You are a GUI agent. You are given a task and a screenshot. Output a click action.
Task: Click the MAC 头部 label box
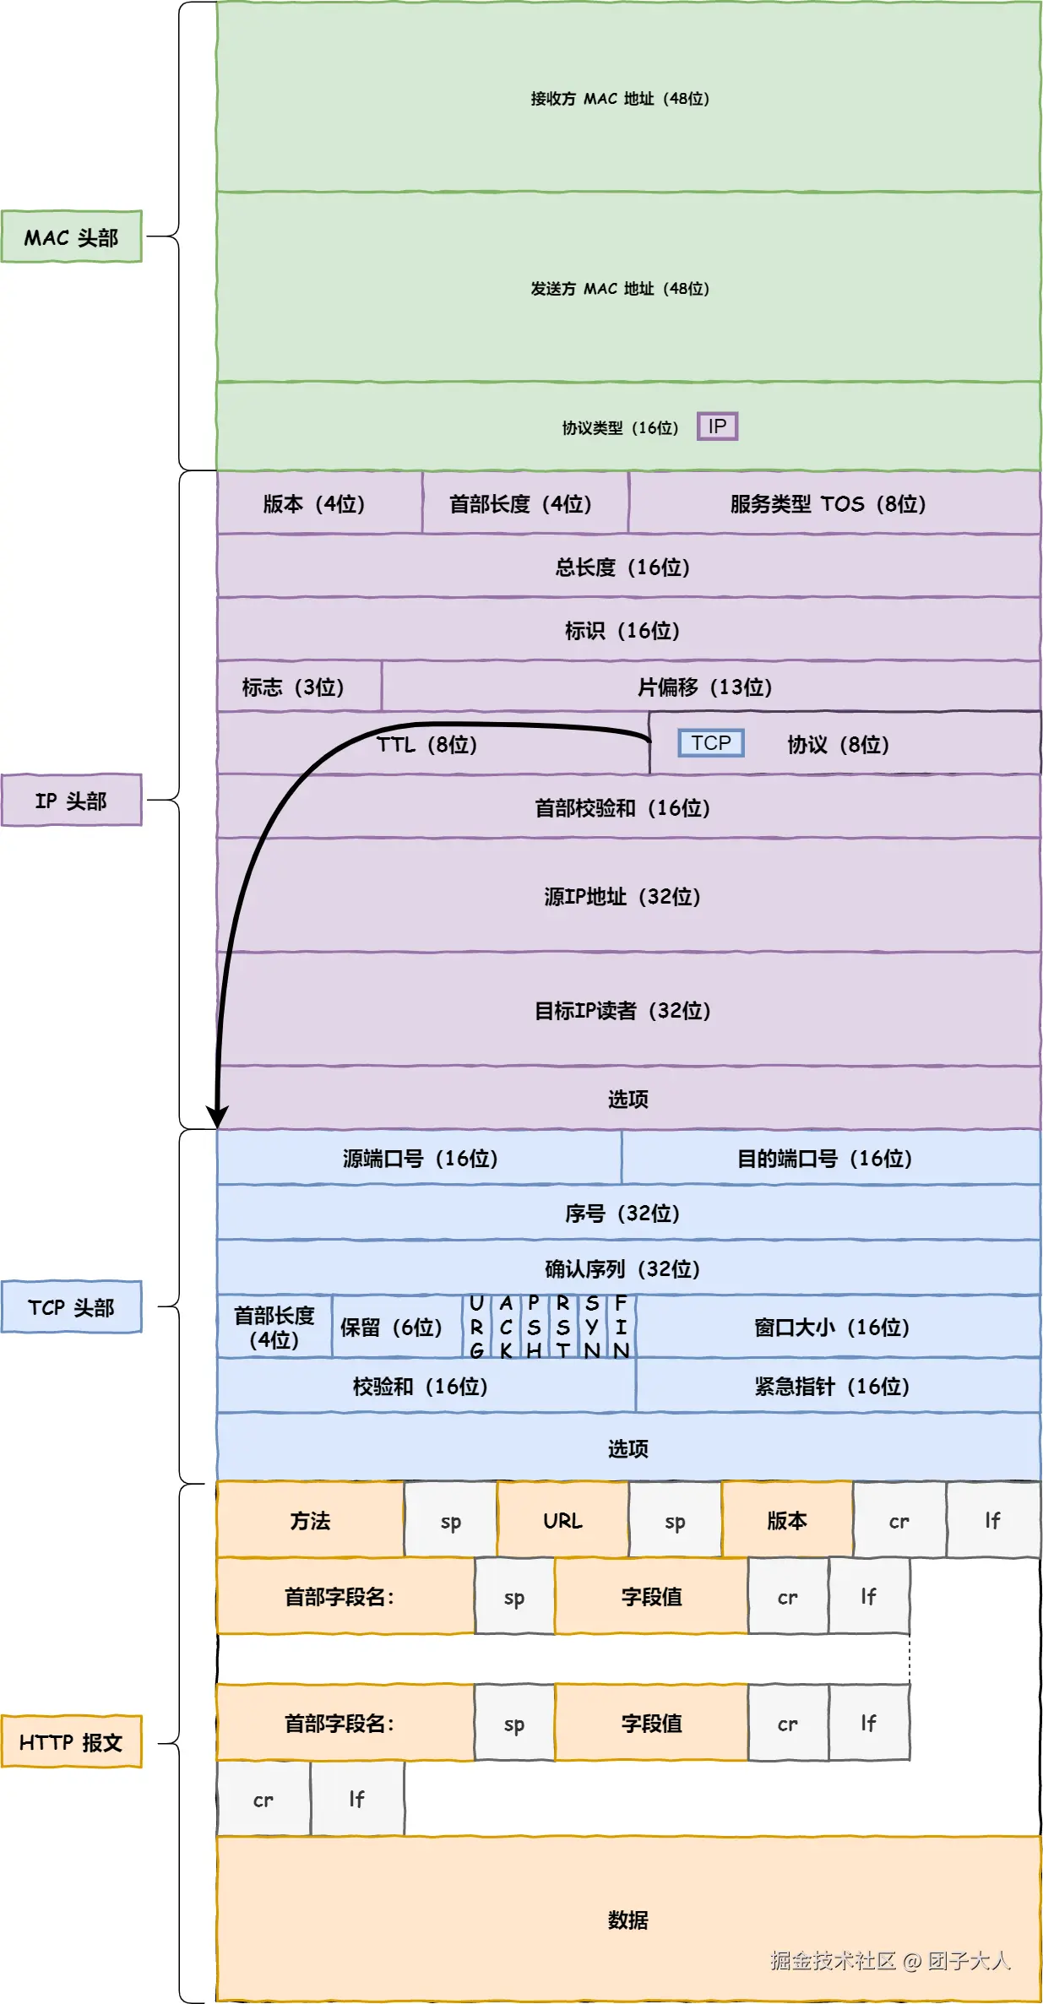(71, 237)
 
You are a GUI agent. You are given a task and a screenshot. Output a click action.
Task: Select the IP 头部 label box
(71, 800)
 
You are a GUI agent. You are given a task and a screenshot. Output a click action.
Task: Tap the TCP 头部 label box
(71, 1307)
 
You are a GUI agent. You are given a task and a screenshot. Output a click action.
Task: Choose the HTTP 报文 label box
(71, 1742)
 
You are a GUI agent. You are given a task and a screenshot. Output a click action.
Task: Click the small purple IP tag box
(717, 426)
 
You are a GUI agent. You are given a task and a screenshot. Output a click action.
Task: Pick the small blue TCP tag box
(711, 743)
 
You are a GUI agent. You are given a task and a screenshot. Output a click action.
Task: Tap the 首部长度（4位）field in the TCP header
(274, 1327)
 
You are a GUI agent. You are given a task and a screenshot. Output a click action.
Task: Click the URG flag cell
(476, 1327)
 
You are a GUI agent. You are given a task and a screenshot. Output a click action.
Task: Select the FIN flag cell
(621, 1327)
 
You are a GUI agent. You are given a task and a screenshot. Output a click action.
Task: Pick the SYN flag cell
(592, 1327)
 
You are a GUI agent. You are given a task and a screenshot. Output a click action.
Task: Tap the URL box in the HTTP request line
(562, 1520)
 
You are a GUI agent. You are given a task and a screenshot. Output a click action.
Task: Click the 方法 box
(310, 1520)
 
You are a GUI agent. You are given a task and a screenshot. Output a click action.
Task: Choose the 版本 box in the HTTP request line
(786, 1520)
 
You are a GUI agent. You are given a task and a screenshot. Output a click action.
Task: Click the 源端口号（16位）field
(419, 1158)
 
